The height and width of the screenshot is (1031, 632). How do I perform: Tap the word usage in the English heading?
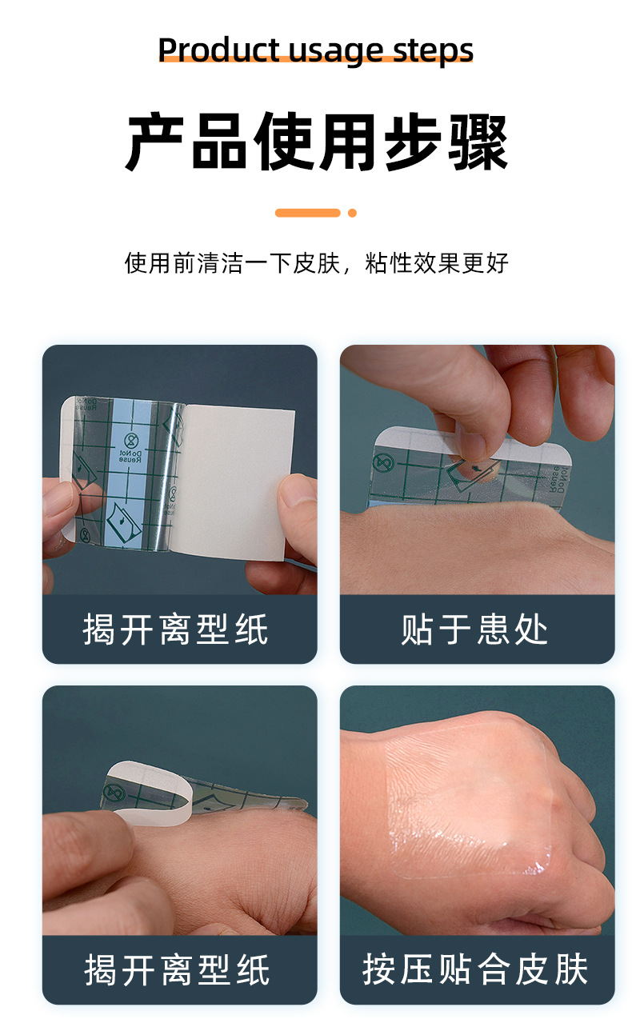click(x=336, y=51)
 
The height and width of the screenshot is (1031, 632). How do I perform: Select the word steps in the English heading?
click(x=434, y=51)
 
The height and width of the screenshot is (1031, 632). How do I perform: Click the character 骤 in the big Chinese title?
click(x=478, y=142)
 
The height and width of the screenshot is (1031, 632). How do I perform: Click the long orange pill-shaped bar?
click(x=308, y=213)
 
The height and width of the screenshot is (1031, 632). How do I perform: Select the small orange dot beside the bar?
click(x=352, y=213)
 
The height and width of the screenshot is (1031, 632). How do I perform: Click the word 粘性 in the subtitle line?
click(x=388, y=262)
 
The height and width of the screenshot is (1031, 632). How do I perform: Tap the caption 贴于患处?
click(x=476, y=629)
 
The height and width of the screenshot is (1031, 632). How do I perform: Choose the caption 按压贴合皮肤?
click(x=476, y=969)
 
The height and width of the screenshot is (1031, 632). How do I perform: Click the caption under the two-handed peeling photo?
click(x=177, y=629)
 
